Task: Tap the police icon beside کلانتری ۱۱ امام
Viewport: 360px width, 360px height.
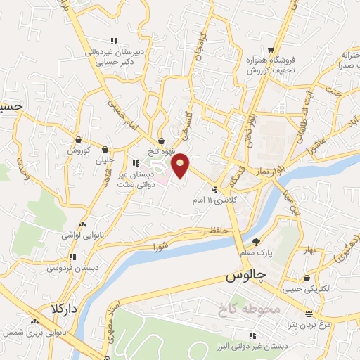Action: tap(214, 188)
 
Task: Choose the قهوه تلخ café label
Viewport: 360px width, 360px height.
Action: tap(161, 151)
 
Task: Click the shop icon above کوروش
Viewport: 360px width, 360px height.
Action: tap(77, 139)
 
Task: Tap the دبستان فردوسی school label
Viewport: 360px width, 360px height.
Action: tap(70, 268)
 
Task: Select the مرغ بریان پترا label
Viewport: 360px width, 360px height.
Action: tap(310, 325)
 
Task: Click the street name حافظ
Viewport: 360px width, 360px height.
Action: tap(219, 231)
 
